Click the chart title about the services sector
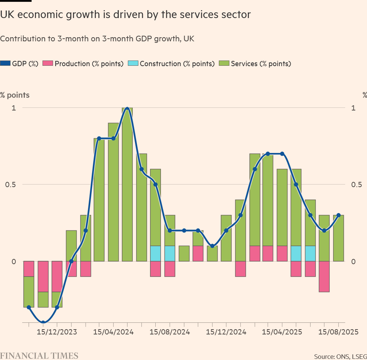125,15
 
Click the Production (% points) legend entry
83,64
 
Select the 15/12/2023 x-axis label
57,332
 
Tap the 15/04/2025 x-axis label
282,332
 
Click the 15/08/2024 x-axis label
170,332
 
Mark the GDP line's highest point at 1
127,108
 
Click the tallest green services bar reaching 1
127,184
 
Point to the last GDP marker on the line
338,215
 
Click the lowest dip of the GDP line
43,322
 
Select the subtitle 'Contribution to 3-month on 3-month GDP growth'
97,39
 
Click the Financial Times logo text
39,355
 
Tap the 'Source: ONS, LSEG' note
340,356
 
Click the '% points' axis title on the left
15,95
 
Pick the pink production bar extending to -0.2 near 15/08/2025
324,277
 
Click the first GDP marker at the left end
29,307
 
